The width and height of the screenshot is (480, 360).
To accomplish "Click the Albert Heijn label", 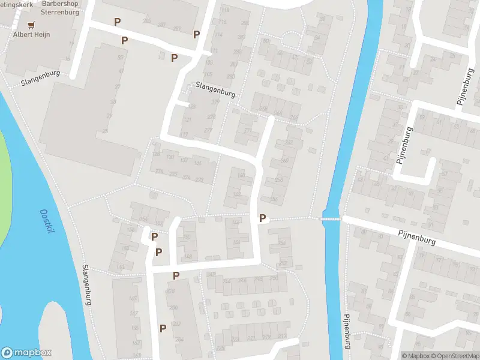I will click(32, 35).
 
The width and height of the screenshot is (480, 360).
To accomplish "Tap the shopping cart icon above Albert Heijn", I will click(31, 25).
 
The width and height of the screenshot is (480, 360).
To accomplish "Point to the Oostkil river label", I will click(45, 221).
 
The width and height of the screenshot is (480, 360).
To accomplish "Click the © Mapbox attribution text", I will click(415, 356).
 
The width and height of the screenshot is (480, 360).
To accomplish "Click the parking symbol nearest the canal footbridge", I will click(262, 219).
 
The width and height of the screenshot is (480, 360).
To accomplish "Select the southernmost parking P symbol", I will click(163, 328).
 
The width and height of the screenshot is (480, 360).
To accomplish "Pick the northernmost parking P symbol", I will click(118, 22).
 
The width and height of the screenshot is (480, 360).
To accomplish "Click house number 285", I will click(147, 22).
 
